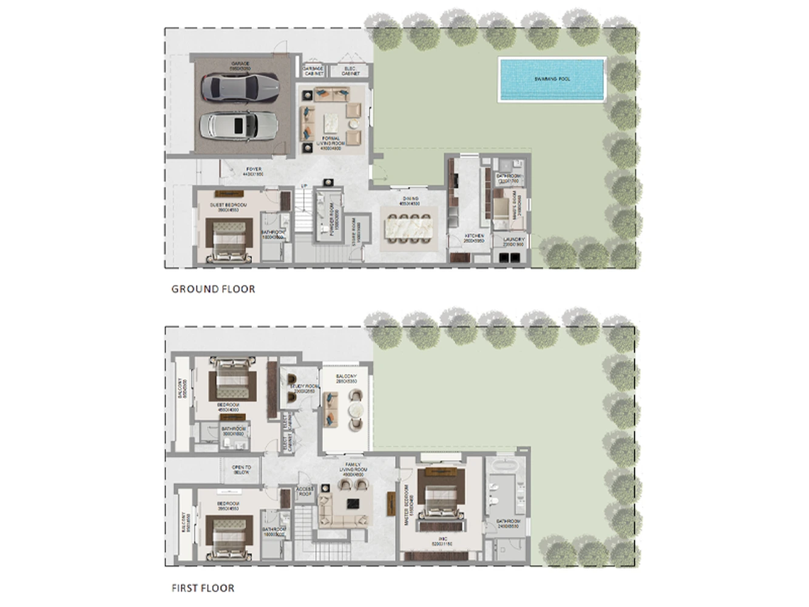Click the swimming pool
point(552,79)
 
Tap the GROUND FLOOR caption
point(213,289)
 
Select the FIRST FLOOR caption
point(203,588)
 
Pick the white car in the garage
point(239,126)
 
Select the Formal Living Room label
point(331,143)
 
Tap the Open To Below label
point(241,470)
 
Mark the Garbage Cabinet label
point(313,71)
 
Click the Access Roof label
point(305,491)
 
